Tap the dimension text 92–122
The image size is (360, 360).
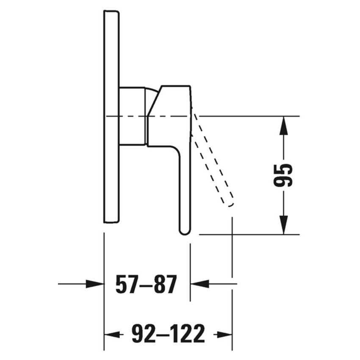click(x=168, y=335)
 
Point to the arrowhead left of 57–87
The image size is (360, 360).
click(x=95, y=284)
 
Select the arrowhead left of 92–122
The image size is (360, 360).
click(x=111, y=335)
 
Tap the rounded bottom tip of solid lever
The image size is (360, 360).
click(x=185, y=230)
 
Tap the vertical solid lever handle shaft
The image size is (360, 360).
click(x=185, y=191)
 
